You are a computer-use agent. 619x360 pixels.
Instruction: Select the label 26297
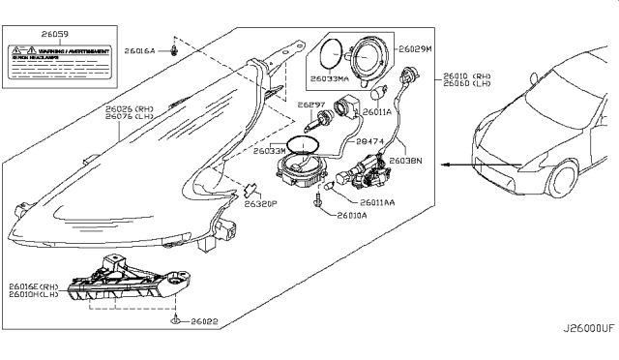pyautogui.click(x=309, y=104)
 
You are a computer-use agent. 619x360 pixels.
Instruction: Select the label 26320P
pyautogui.click(x=260, y=204)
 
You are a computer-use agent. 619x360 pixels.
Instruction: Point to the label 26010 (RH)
pyautogui.click(x=460, y=74)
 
